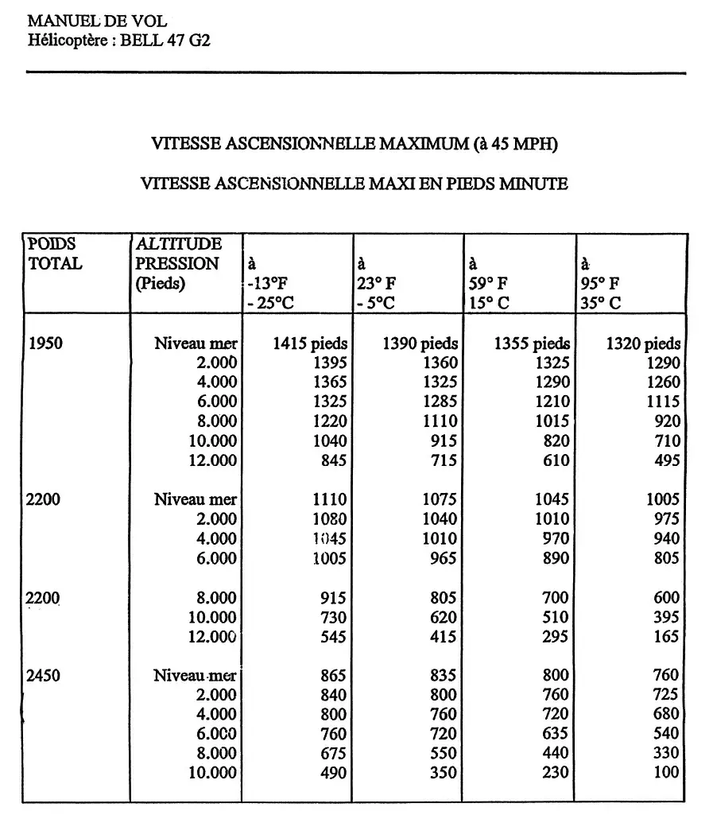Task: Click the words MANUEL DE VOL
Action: click(97, 21)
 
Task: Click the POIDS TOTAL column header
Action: click(55, 254)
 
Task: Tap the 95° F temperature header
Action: click(602, 283)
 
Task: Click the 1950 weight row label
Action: click(45, 343)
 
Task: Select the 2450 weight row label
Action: click(45, 676)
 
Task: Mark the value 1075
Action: click(440, 499)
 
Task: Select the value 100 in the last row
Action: click(666, 772)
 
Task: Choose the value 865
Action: click(332, 676)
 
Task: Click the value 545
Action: click(332, 636)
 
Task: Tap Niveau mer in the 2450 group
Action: click(195, 676)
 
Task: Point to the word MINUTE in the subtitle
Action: click(533, 184)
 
